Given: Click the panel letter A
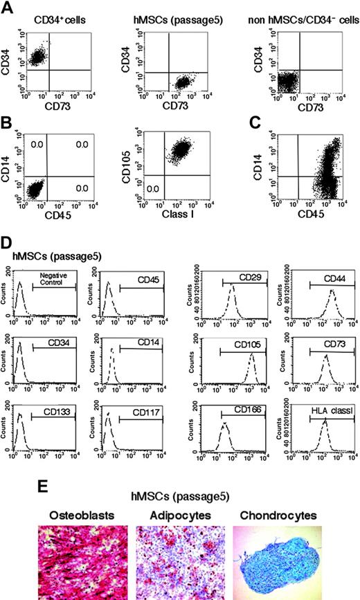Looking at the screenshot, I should [x=8, y=8].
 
